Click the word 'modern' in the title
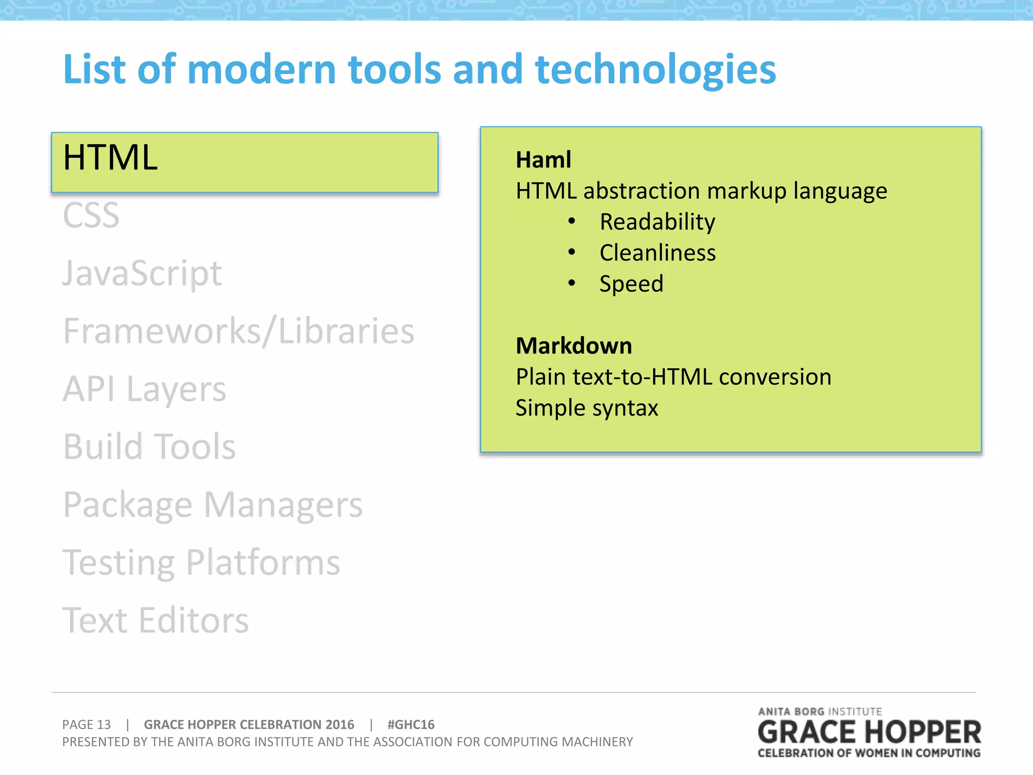coord(261,70)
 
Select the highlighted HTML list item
coord(245,161)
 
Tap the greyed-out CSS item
coord(91,215)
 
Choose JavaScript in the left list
coord(142,274)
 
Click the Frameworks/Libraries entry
coord(239,331)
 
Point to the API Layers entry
coord(144,390)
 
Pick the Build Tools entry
coord(149,447)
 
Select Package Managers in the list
coord(212,505)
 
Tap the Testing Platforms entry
coord(201,563)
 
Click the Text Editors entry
coord(155,621)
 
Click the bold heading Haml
coord(543,160)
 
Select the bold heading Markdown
coord(573,346)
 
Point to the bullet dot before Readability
coord(571,222)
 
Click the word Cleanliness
coord(657,253)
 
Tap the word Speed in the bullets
coord(631,284)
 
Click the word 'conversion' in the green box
coord(775,377)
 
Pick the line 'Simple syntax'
coord(587,408)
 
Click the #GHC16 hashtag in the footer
coord(411,725)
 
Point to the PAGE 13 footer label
coord(86,725)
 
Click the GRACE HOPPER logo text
coord(869,733)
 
